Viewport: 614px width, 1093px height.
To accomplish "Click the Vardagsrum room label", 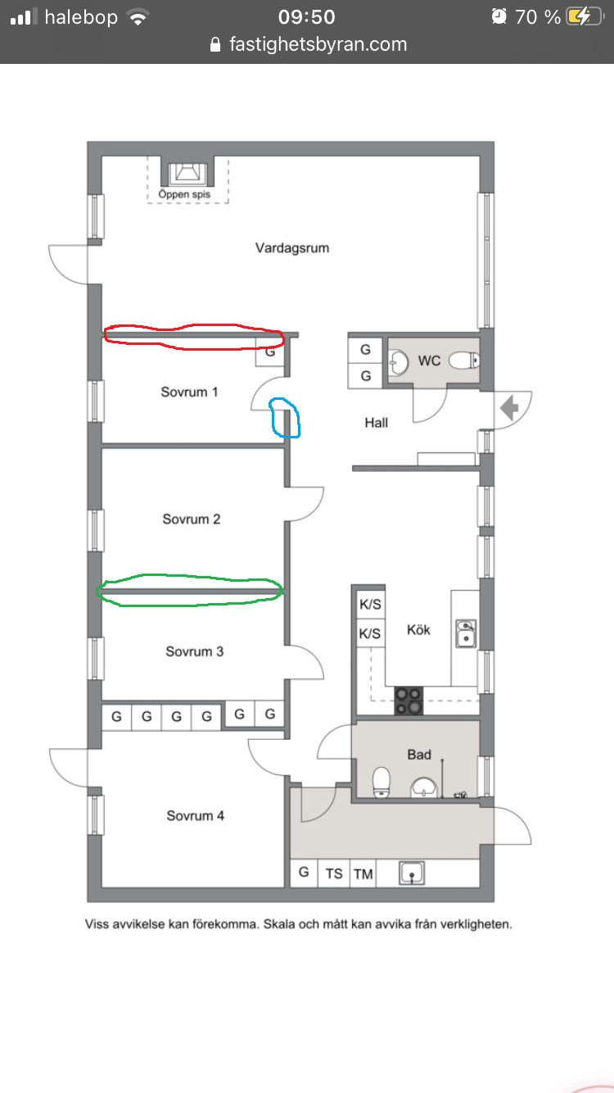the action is pos(292,248).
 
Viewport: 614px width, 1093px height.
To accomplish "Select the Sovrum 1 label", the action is pos(189,392).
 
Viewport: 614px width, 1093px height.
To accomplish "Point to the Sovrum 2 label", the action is pos(192,519).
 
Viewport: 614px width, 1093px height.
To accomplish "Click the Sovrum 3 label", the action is pos(194,651).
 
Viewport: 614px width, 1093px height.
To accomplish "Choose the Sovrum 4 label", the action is pos(195,815).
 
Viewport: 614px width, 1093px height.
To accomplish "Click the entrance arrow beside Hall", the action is pos(510,407).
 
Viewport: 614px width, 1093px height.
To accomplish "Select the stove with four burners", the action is pos(409,701).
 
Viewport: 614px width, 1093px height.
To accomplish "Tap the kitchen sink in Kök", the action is pos(466,633).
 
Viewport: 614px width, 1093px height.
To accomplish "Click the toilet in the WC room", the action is pos(464,361).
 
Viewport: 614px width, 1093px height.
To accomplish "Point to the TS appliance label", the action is pos(334,873).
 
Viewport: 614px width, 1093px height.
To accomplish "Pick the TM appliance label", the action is pos(363,873).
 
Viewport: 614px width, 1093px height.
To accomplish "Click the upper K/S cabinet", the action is pos(370,605).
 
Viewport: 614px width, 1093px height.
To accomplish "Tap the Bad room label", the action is pos(419,755).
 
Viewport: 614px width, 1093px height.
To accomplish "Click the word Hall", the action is pos(377,423).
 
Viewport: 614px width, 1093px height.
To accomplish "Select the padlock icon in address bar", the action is pos(215,44).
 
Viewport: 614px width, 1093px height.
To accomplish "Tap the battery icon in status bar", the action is pos(585,17).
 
